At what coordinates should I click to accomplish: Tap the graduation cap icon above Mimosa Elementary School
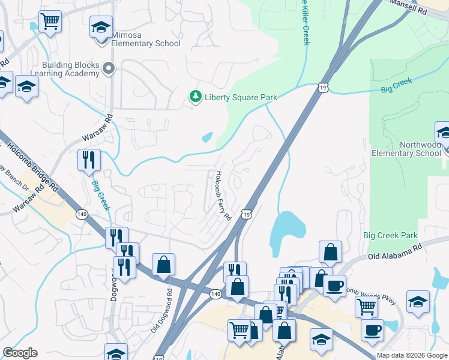(101, 27)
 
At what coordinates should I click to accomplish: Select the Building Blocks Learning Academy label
(70, 69)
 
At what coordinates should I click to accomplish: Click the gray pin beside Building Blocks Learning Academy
(109, 69)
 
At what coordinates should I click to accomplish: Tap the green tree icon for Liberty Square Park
(194, 97)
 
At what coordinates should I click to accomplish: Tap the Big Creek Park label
(390, 235)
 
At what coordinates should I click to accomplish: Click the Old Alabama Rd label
(394, 251)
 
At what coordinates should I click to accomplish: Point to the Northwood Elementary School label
(406, 149)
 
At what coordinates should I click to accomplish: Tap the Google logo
(20, 353)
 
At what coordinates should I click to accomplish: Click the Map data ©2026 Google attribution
(412, 355)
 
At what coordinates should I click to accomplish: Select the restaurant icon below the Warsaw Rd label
(89, 160)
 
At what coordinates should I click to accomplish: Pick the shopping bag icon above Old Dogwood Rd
(163, 264)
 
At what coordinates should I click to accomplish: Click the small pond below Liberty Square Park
(208, 137)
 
